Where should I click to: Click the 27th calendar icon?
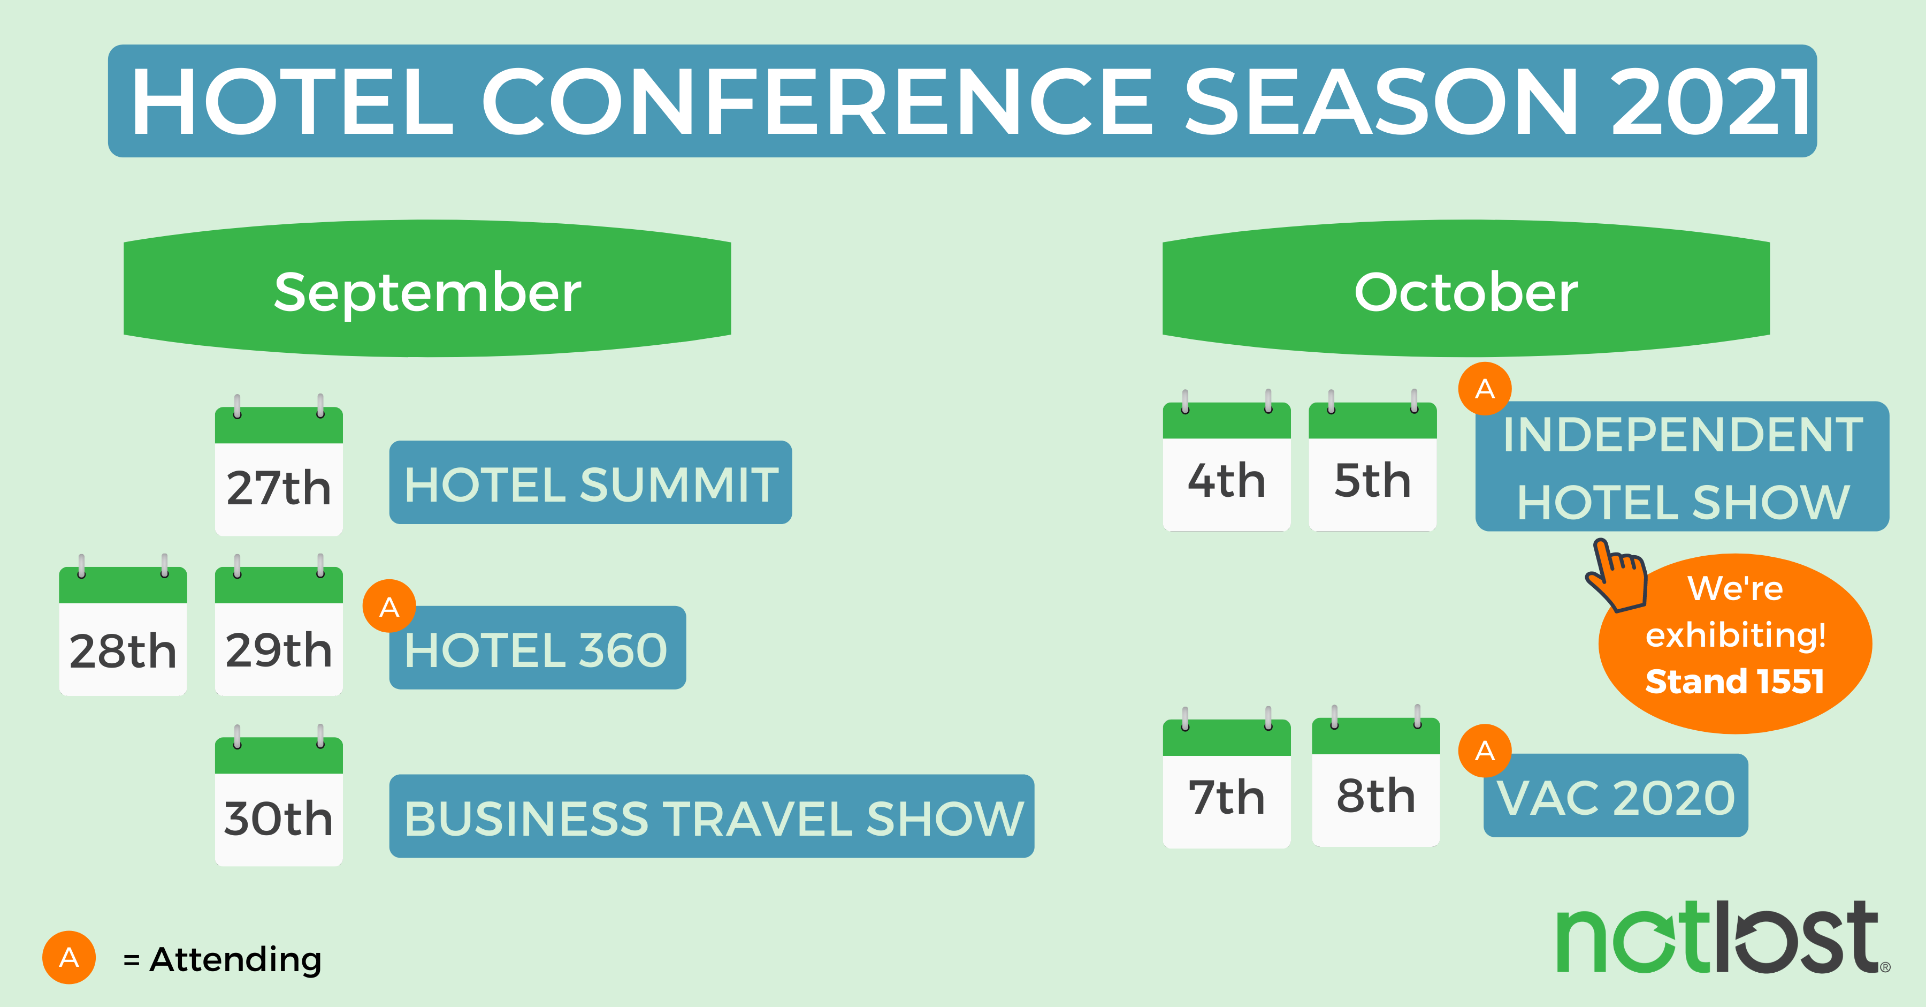(279, 465)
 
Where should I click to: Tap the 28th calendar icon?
(123, 625)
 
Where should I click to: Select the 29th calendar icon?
(279, 625)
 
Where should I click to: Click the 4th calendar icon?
(1227, 460)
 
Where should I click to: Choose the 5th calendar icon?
(1373, 460)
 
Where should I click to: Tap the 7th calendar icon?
(1227, 777)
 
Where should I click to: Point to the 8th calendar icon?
(1375, 775)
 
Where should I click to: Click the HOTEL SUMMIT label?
(591, 482)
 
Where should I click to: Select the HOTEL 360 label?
(538, 648)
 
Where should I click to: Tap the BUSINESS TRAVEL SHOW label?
(712, 816)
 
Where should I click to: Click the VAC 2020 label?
(1616, 796)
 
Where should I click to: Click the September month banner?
(427, 289)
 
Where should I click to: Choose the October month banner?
(1466, 289)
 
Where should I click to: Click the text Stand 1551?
(1734, 681)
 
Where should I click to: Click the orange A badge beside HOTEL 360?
(389, 606)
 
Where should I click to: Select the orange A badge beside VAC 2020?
(1485, 751)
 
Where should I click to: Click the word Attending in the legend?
(235, 959)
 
